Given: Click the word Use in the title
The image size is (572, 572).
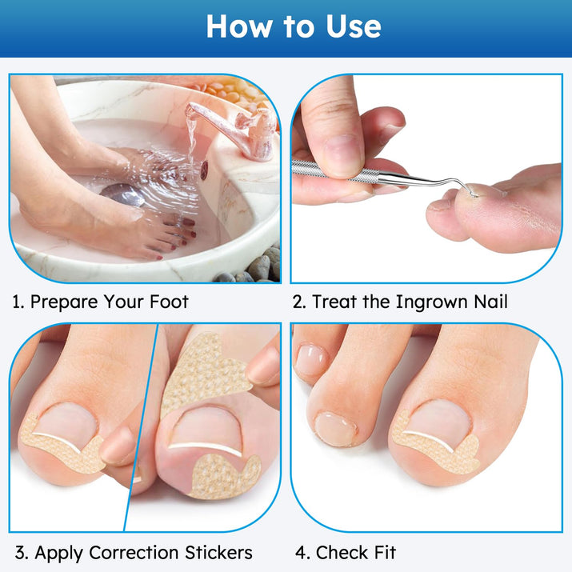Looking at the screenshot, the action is (353, 26).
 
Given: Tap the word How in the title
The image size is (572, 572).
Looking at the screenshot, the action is (239, 26).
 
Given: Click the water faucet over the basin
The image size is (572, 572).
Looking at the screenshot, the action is (234, 130).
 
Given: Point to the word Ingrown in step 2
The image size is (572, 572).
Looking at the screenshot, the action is (431, 302).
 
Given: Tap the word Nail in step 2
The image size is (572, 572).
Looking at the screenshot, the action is (490, 302).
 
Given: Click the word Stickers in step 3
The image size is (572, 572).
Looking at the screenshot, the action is (218, 552).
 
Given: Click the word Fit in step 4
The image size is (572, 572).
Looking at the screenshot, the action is (386, 552).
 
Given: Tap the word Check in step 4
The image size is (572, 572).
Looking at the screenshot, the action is (342, 552).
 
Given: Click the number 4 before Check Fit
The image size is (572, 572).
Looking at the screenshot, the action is (301, 553).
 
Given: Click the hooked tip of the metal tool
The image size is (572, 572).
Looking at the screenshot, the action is (474, 194).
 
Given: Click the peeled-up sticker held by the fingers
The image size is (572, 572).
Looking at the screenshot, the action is (204, 376).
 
